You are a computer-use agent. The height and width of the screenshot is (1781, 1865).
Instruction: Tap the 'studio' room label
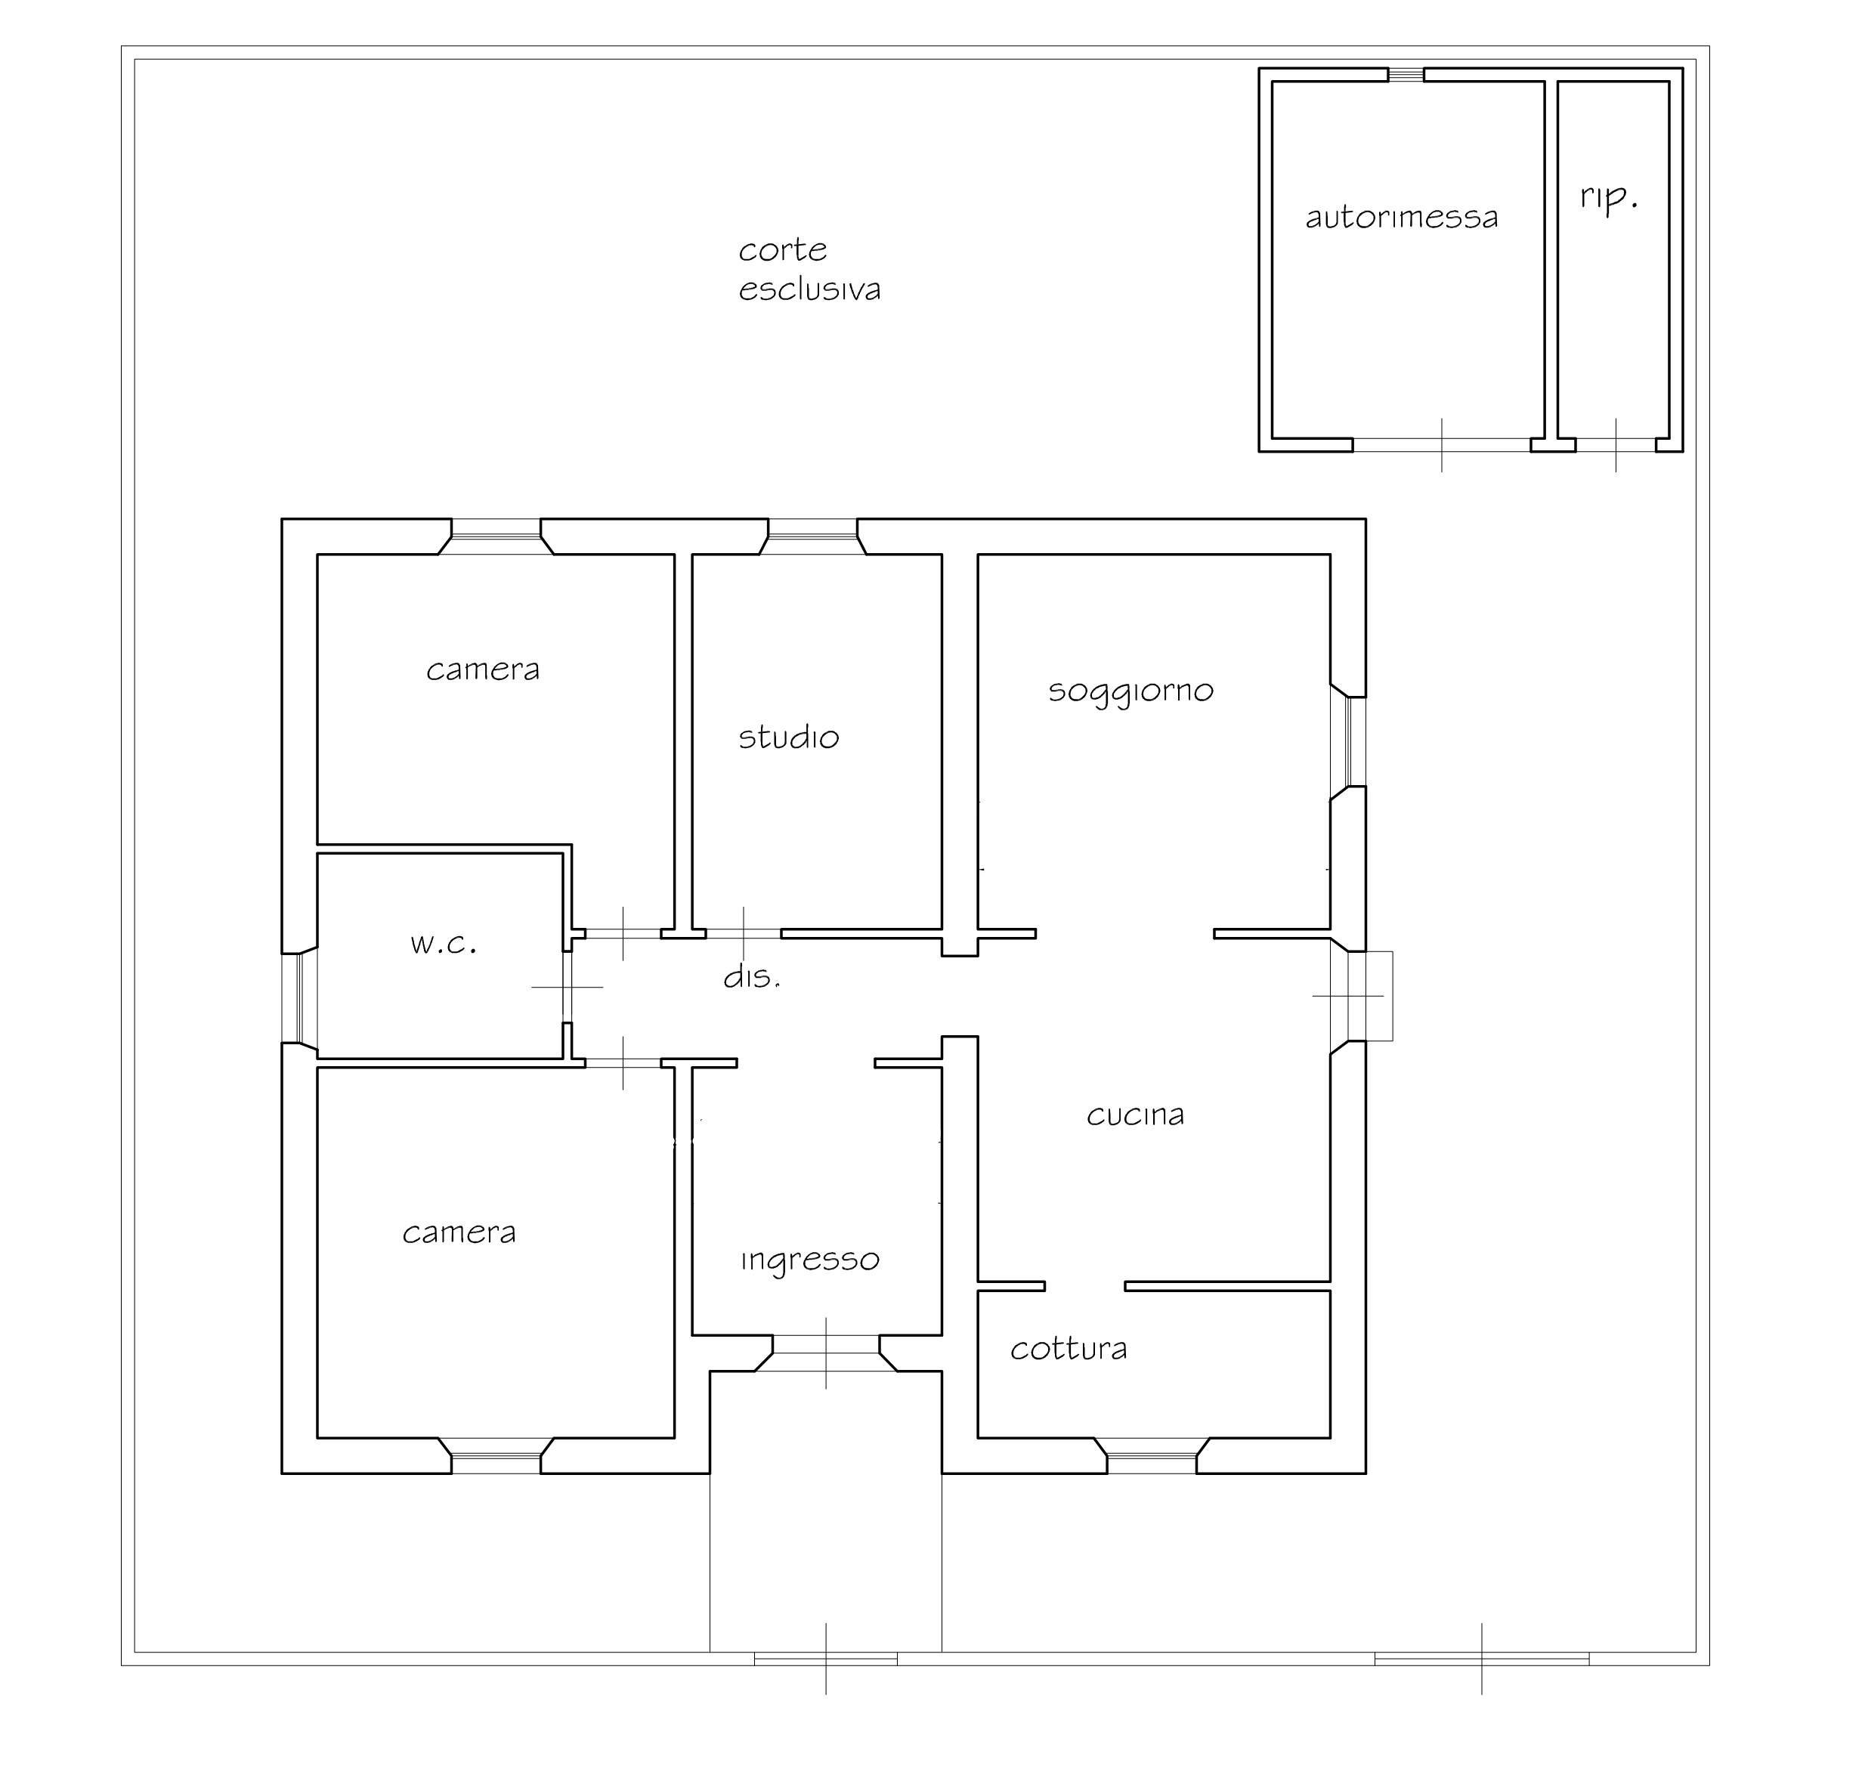[x=788, y=737]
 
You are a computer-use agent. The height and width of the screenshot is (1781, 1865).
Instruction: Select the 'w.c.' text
[x=443, y=944]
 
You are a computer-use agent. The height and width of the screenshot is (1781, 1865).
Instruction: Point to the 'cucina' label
[x=1135, y=1115]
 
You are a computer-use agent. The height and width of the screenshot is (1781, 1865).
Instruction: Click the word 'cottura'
[x=1069, y=1348]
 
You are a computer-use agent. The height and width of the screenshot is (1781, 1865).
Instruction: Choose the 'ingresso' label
[x=810, y=1260]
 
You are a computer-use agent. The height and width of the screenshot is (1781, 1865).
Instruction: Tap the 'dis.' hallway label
[x=752, y=976]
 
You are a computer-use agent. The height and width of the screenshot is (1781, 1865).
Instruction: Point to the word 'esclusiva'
[x=809, y=289]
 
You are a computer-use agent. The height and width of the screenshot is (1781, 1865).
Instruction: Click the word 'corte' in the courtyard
[x=782, y=249]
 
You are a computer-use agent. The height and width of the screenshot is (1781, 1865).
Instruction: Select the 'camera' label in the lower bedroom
[x=459, y=1232]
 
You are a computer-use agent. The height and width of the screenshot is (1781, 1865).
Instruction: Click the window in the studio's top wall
[x=813, y=536]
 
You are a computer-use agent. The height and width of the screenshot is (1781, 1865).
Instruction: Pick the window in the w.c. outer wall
[x=299, y=997]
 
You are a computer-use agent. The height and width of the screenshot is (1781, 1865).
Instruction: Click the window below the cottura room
[x=1152, y=1455]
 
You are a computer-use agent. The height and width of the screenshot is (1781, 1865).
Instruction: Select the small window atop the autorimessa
[x=1406, y=75]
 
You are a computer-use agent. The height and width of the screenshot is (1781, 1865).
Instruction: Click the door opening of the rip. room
[x=1616, y=444]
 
